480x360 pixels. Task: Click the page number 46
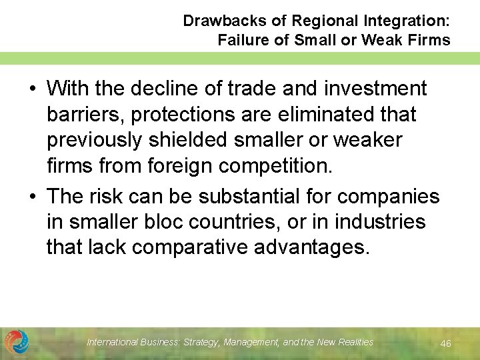coord(446,343)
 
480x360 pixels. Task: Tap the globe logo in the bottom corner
coord(17,342)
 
